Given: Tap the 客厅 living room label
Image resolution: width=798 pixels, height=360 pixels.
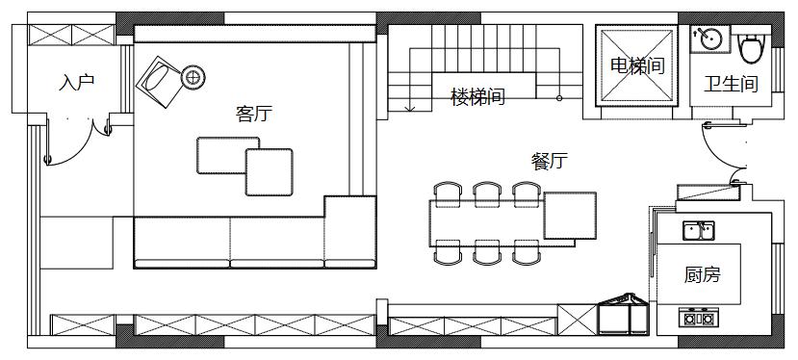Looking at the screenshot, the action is coord(253,115).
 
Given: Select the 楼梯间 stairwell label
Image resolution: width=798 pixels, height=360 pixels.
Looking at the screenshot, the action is coord(477,97).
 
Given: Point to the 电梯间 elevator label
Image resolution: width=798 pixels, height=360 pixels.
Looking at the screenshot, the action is coord(637,66).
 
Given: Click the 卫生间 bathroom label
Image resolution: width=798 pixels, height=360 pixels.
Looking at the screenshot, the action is coord(731,85).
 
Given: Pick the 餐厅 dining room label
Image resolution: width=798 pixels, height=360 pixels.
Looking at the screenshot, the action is coord(549,162).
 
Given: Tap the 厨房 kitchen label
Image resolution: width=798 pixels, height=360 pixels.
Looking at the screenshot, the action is coord(702,275).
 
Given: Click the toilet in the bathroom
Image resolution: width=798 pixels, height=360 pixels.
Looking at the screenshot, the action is coord(749,46).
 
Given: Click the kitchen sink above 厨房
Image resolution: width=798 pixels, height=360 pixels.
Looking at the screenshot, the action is coord(699,230).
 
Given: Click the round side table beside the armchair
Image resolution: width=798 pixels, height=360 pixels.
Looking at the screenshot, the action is coord(193,76).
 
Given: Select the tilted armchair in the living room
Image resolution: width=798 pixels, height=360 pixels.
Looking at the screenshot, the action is coord(160,78).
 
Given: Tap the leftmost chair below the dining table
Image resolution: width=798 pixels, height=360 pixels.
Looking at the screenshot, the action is coord(447,252).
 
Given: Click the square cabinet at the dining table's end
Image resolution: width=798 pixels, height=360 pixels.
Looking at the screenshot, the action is coord(571,215).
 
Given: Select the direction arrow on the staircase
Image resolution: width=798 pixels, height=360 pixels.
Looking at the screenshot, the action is coord(411,104).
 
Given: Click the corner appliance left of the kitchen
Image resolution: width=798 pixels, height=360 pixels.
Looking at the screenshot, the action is coord(625,313).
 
